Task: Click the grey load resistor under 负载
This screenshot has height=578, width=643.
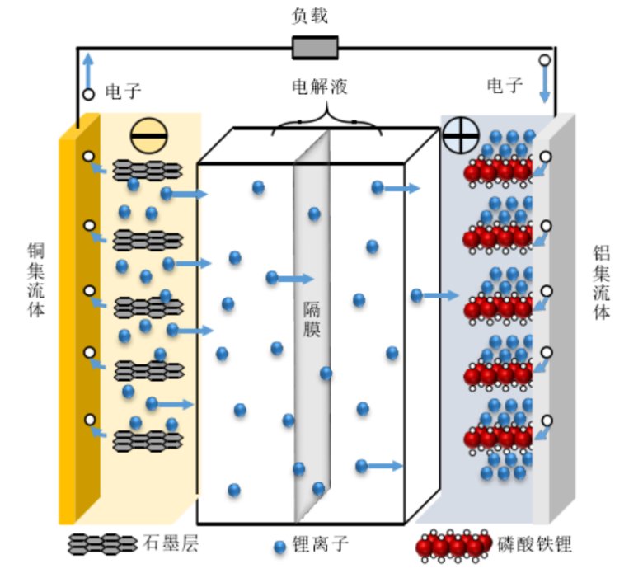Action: tap(315, 47)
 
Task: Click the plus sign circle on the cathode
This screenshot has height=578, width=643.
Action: tap(460, 134)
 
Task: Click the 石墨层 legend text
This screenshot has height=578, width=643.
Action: tap(171, 543)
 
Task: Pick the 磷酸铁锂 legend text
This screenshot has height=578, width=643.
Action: tap(535, 544)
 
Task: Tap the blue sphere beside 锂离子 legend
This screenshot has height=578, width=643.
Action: tap(279, 546)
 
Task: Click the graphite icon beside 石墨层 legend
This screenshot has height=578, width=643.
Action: tap(102, 543)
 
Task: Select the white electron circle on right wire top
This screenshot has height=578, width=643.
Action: tap(544, 60)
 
